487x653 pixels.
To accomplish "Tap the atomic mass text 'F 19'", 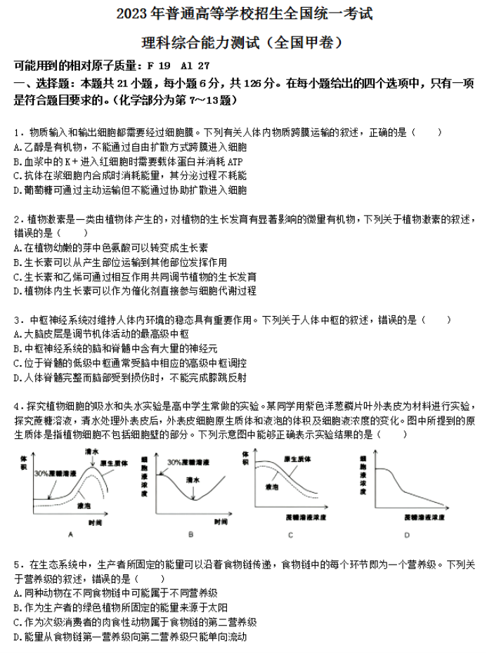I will point(159,66).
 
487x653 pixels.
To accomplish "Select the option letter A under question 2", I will point(16,247).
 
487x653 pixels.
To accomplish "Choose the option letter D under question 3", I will point(16,377).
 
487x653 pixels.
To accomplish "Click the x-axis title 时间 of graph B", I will point(220,522).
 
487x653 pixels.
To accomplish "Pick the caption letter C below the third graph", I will point(290,535).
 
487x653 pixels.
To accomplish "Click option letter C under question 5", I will point(16,622).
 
